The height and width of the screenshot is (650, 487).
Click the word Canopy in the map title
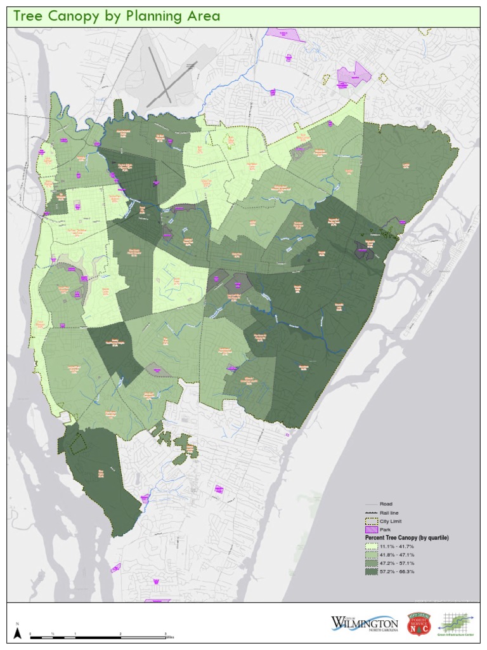(74, 17)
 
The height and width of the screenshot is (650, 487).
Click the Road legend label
(386, 504)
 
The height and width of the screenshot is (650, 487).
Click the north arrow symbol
(18, 632)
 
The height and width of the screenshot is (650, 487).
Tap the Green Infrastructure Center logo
(457, 623)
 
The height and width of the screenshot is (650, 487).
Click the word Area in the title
(201, 17)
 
